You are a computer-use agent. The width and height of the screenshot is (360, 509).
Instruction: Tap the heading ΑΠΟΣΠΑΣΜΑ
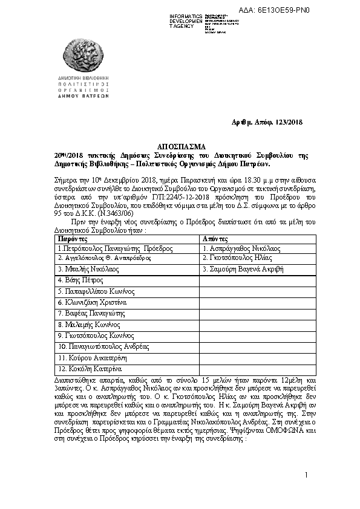point(181,146)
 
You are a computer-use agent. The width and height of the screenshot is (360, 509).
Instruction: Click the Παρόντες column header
point(71,239)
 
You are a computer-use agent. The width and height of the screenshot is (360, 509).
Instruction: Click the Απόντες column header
point(216,239)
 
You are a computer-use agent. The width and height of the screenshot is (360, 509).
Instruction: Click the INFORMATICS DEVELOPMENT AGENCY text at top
point(186,21)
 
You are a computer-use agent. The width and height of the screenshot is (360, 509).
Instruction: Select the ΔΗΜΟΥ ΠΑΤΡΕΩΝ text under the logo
point(83,96)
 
